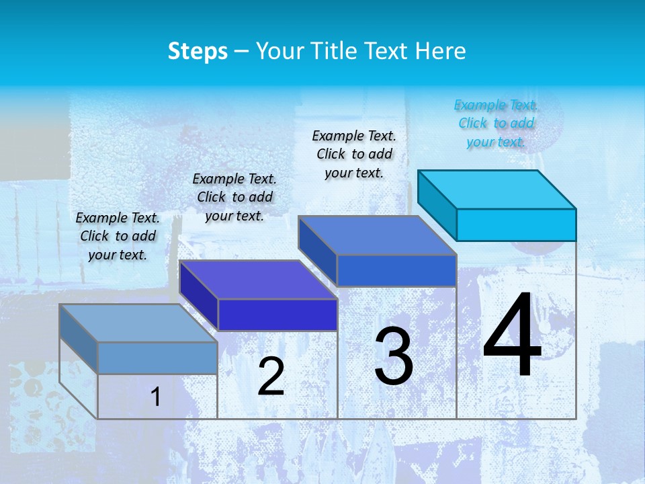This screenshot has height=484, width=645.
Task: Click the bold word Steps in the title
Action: [x=198, y=51]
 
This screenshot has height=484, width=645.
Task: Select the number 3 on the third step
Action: [x=394, y=356]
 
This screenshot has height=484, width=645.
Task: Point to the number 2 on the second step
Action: [x=271, y=377]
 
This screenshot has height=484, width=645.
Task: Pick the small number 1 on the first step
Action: [x=156, y=397]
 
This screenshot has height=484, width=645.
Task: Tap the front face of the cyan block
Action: [x=516, y=225]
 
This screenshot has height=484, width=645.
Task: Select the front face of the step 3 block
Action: [x=396, y=270]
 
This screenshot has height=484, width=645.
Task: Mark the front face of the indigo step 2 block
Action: [x=277, y=315]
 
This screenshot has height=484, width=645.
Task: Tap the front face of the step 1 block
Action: [x=157, y=358]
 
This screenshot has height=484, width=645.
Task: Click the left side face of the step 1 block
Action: [x=78, y=339]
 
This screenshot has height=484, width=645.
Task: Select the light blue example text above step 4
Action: [x=496, y=123]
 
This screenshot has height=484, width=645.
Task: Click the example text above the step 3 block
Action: [x=354, y=154]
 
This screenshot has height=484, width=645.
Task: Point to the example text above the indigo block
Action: [x=234, y=197]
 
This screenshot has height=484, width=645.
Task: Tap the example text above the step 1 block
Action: [x=118, y=236]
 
